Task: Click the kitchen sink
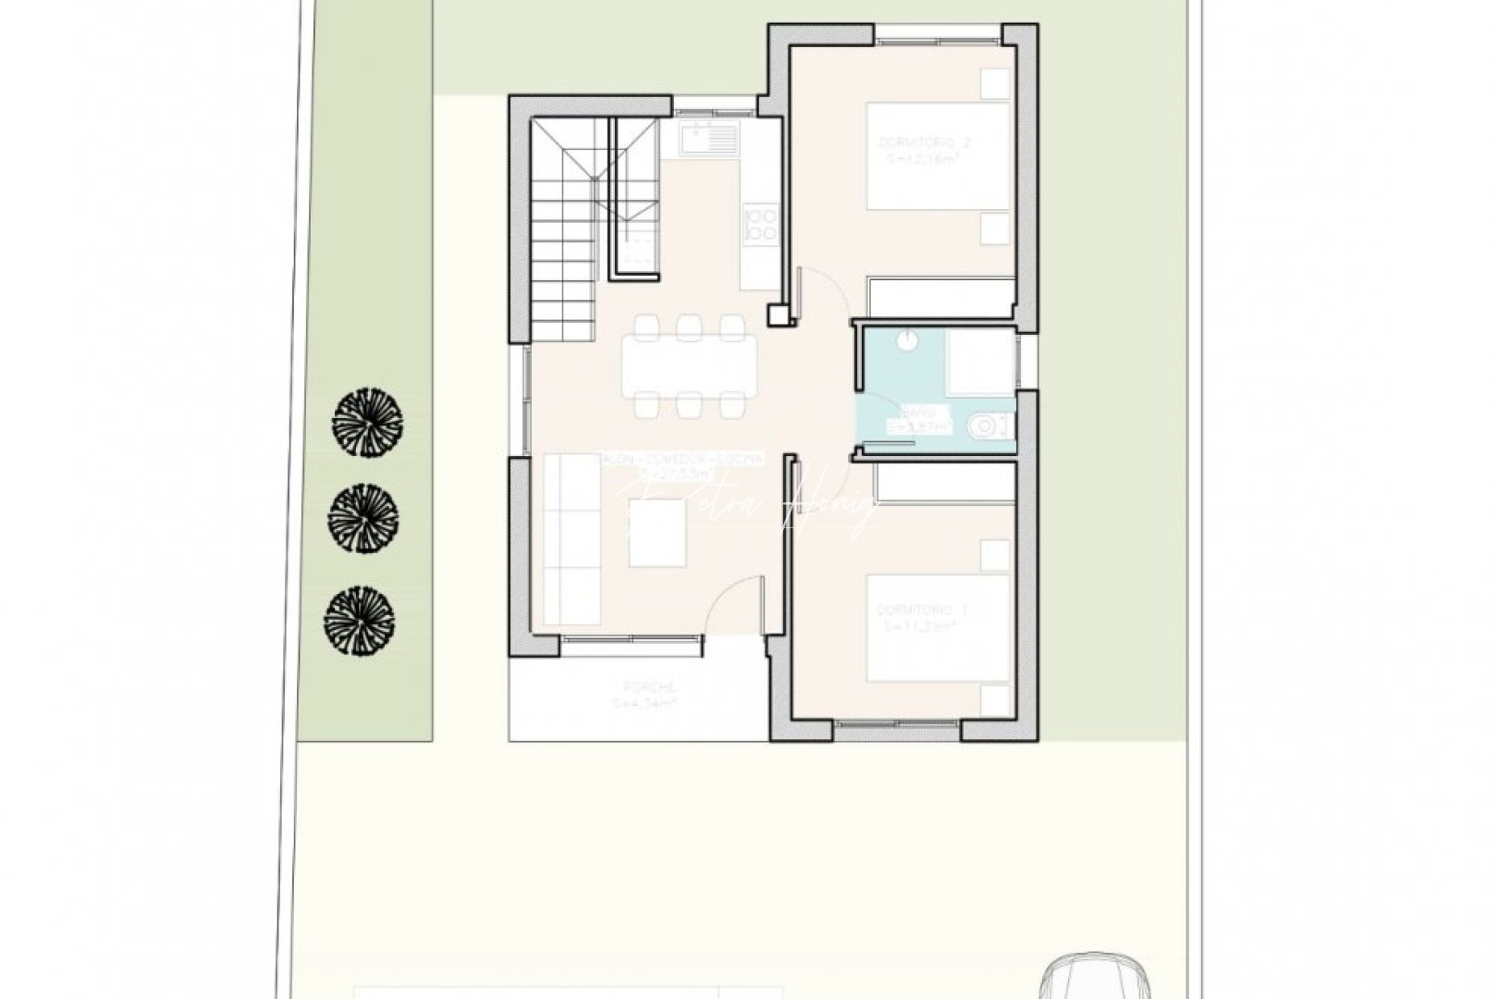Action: point(708,140)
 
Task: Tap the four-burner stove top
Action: point(761,226)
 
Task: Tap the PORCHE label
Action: point(649,687)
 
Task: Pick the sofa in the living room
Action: point(571,538)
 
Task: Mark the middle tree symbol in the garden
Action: point(363,519)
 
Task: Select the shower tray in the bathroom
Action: point(979,359)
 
